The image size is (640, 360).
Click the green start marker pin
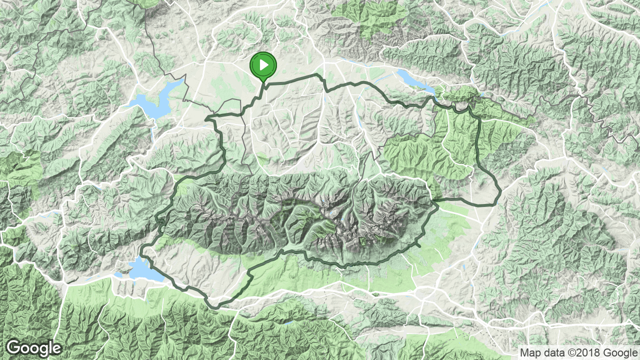(x=263, y=65)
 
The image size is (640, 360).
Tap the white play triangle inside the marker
(x=263, y=64)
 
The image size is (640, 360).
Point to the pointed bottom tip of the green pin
(x=263, y=81)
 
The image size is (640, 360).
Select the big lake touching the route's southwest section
(x=143, y=270)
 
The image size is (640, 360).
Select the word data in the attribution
(x=552, y=352)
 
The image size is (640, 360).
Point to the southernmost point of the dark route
(x=216, y=306)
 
